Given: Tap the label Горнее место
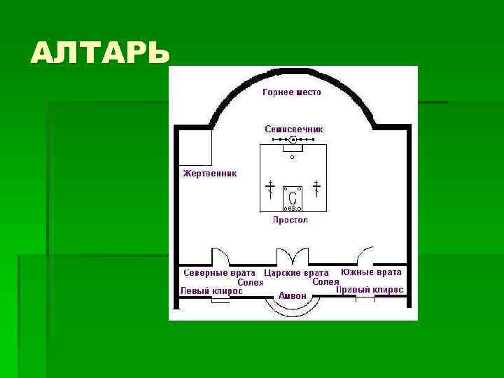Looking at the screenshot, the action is (292, 92).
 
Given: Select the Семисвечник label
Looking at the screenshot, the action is (293, 129).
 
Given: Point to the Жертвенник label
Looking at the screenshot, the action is (210, 173).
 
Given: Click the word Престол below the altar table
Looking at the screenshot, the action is (290, 220).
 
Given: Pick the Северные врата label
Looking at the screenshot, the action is (218, 272).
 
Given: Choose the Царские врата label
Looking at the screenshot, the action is (297, 272).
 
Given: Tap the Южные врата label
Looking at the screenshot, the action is (371, 272).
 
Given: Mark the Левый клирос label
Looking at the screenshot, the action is (211, 290).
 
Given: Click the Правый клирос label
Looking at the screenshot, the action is (370, 289).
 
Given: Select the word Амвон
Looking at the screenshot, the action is (292, 296).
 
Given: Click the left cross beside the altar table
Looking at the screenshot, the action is (270, 188).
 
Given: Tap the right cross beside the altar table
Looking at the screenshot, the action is (316, 188).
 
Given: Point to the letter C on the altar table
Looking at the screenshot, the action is (292, 198).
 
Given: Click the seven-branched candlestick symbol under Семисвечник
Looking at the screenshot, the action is (293, 140).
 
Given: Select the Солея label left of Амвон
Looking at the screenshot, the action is (250, 282).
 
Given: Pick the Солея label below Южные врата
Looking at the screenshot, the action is (325, 281).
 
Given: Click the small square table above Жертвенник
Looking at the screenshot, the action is (196, 147).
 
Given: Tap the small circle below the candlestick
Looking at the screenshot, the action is (293, 157).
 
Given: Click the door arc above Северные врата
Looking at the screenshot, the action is (219, 255).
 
